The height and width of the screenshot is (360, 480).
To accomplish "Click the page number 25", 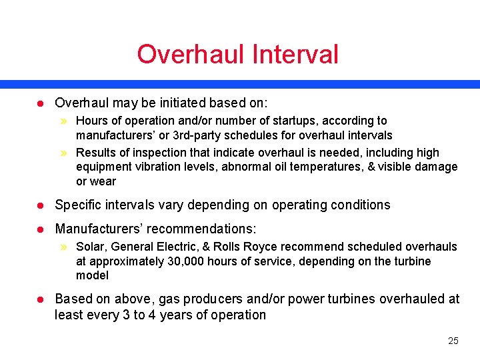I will point(453,341).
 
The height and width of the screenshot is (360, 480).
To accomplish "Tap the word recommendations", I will point(196,229).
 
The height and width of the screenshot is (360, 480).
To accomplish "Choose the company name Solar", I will point(91,247).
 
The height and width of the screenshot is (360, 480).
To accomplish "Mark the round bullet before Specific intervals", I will point(39,205).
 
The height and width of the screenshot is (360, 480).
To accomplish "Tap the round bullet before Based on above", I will point(39,299).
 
